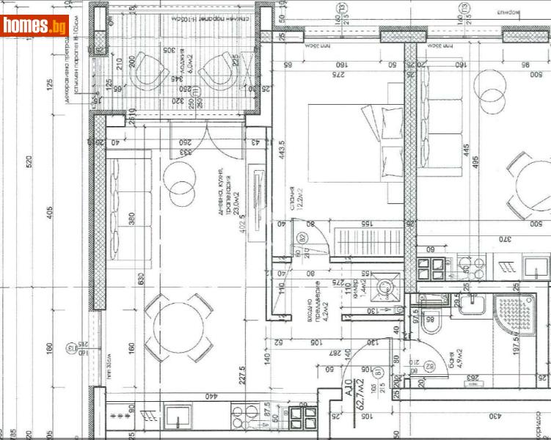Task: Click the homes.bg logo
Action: (x=35, y=26)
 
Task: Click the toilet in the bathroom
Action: (x=432, y=316)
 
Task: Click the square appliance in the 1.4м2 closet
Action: (x=384, y=287)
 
